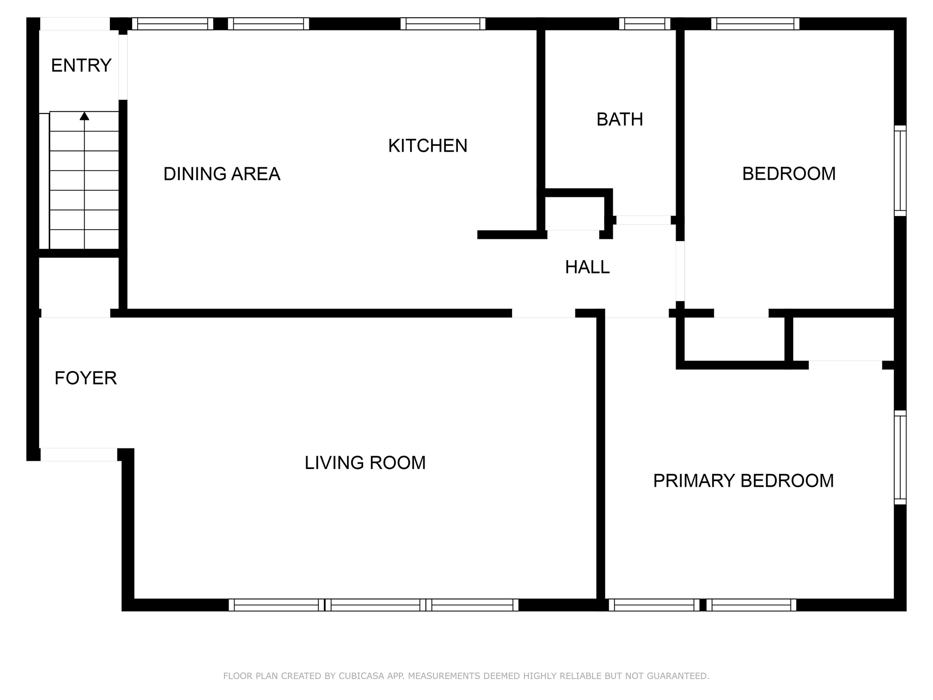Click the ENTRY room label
pyautogui.click(x=81, y=66)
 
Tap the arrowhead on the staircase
pyautogui.click(x=84, y=116)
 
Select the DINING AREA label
pyautogui.click(x=222, y=174)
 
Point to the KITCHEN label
pyautogui.click(x=428, y=146)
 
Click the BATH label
pyautogui.click(x=620, y=119)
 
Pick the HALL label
pyautogui.click(x=587, y=267)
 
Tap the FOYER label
pyautogui.click(x=86, y=378)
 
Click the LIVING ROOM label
pyautogui.click(x=365, y=463)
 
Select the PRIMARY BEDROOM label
pyautogui.click(x=743, y=481)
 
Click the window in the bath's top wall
pyautogui.click(x=645, y=24)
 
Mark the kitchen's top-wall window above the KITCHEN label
pyautogui.click(x=443, y=24)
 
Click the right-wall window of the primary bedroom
pyautogui.click(x=900, y=458)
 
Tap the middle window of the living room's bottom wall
pyautogui.click(x=375, y=605)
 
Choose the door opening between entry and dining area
pyautogui.click(x=123, y=67)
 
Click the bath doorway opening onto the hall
pyautogui.click(x=644, y=220)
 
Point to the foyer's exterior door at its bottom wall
pyautogui.click(x=79, y=455)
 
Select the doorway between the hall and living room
pyautogui.click(x=544, y=313)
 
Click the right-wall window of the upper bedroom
pyautogui.click(x=900, y=171)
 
